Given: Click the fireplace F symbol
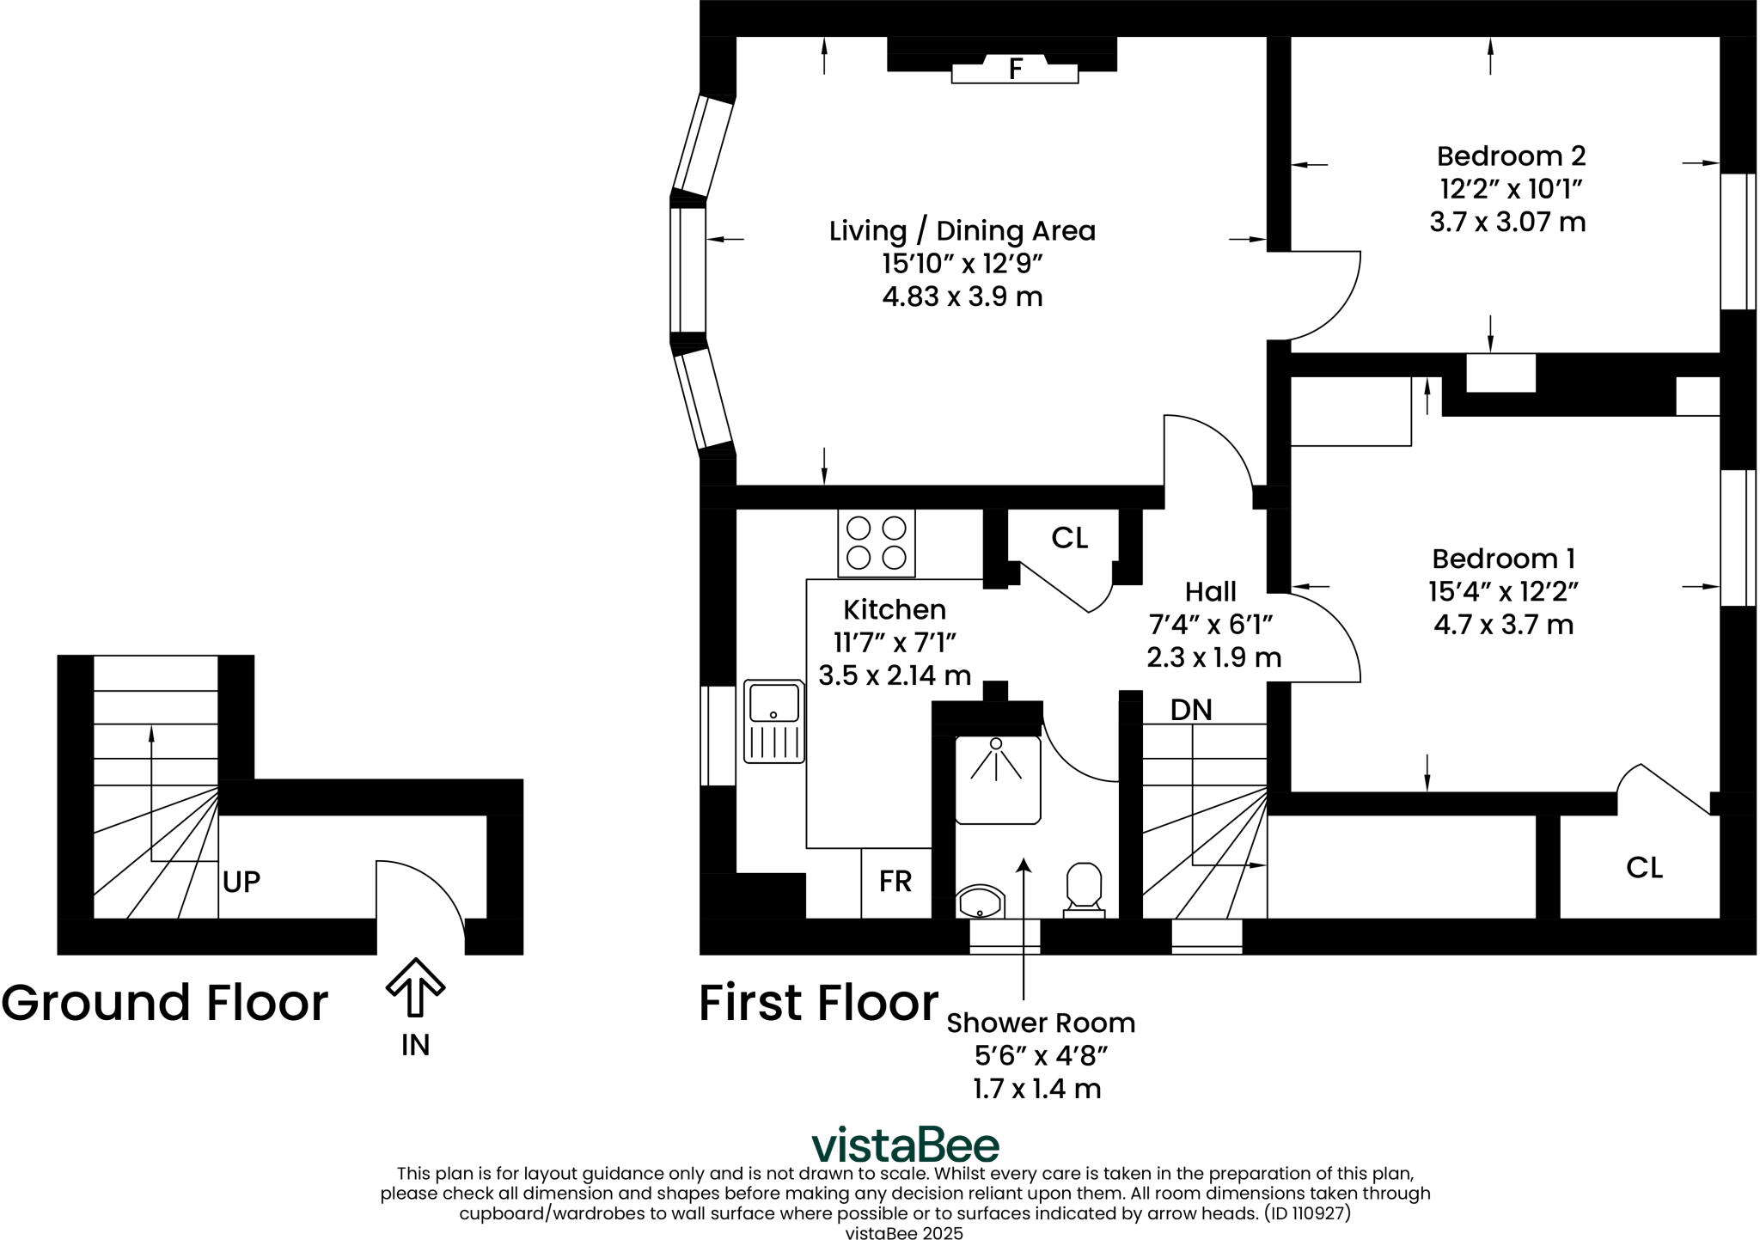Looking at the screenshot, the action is [1015, 69].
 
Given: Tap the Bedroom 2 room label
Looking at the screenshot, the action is [1511, 156].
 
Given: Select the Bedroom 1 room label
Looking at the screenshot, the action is [1503, 559].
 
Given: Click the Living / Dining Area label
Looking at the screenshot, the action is [962, 231].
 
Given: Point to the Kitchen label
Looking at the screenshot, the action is [895, 609].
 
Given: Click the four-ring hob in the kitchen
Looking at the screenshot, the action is [877, 543].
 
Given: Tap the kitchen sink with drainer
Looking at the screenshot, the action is [774, 721].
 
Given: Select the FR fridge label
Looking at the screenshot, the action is [895, 881].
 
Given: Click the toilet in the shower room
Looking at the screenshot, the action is [1084, 890].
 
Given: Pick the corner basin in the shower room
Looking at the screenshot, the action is [980, 901].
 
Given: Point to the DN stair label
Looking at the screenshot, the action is [1191, 710].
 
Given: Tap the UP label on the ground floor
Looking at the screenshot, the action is [241, 882].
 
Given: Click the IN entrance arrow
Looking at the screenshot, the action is [415, 987].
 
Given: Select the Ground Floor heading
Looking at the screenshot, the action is [165, 1002].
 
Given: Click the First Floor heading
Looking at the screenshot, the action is [819, 1002].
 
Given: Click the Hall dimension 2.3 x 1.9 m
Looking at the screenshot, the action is [1213, 657].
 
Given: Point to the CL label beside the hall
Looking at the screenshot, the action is [1070, 538].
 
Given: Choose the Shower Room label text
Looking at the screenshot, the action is [1041, 1023].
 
